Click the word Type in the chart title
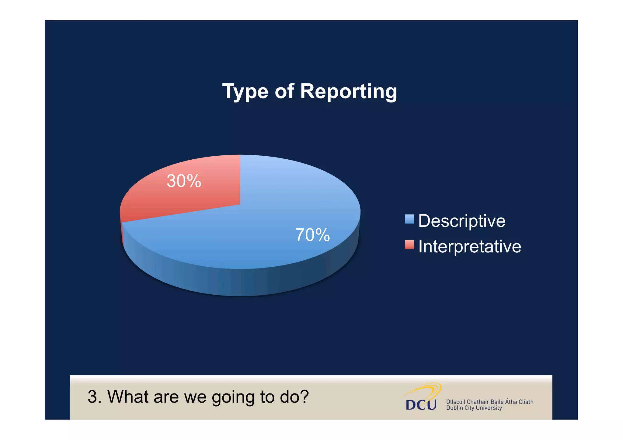pos(245,91)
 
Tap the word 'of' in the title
pos(284,91)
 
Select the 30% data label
pos(184,181)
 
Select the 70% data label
pos(312,235)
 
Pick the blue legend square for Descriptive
pos(409,219)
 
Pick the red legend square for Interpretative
pos(409,244)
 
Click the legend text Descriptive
pos(461,221)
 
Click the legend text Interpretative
pos(469,246)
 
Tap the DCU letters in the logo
pos(421,405)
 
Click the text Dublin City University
pos(474,408)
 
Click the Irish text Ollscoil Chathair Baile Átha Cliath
pos(489,402)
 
